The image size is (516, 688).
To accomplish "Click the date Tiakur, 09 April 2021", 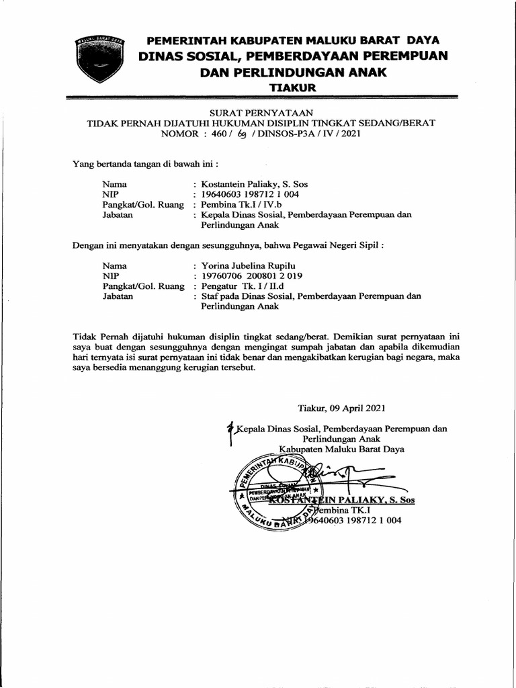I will point(341,408).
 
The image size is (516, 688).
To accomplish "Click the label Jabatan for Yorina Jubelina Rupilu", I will point(118,296).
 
